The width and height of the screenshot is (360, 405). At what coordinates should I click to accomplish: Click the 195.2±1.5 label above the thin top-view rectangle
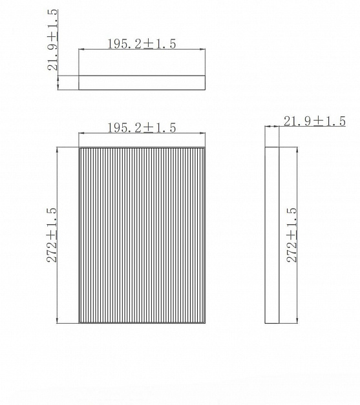[142, 44]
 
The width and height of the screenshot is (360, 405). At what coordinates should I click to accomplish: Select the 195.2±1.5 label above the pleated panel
[142, 128]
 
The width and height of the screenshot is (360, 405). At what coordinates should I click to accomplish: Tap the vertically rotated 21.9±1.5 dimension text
[52, 40]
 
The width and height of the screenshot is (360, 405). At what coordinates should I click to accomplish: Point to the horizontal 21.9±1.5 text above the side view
[315, 121]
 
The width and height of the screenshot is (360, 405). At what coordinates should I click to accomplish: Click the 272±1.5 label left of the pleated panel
[52, 234]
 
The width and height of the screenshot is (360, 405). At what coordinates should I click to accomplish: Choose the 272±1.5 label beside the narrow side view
[292, 234]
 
